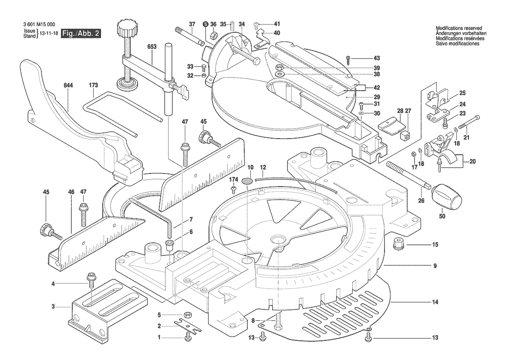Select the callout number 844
(x=68, y=85)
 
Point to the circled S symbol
(x=205, y=24)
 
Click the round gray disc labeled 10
(x=248, y=180)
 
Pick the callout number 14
(x=435, y=302)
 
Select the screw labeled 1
(x=189, y=337)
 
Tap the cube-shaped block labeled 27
(x=405, y=135)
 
